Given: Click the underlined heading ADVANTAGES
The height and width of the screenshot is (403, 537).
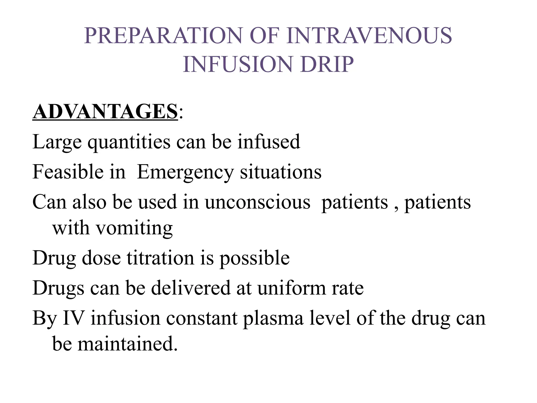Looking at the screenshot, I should pos(105,112).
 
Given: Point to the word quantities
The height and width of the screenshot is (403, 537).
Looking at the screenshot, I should pos(129,142).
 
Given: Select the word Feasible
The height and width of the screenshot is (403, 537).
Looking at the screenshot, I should pos(68,172).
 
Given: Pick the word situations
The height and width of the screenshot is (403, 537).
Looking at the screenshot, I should pos(281,172).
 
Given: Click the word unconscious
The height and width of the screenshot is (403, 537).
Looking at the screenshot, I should pos(257,202).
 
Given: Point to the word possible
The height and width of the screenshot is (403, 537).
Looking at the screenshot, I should pos(254,258).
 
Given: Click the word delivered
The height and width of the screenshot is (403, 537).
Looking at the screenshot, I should pos(191,288).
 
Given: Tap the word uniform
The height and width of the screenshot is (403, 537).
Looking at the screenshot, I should pos(291,288).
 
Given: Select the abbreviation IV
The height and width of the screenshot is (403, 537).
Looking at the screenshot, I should pos(74,318).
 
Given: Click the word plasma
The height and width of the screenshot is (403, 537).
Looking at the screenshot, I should pos(273,319).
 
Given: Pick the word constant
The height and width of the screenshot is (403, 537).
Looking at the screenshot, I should pos(202,318).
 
